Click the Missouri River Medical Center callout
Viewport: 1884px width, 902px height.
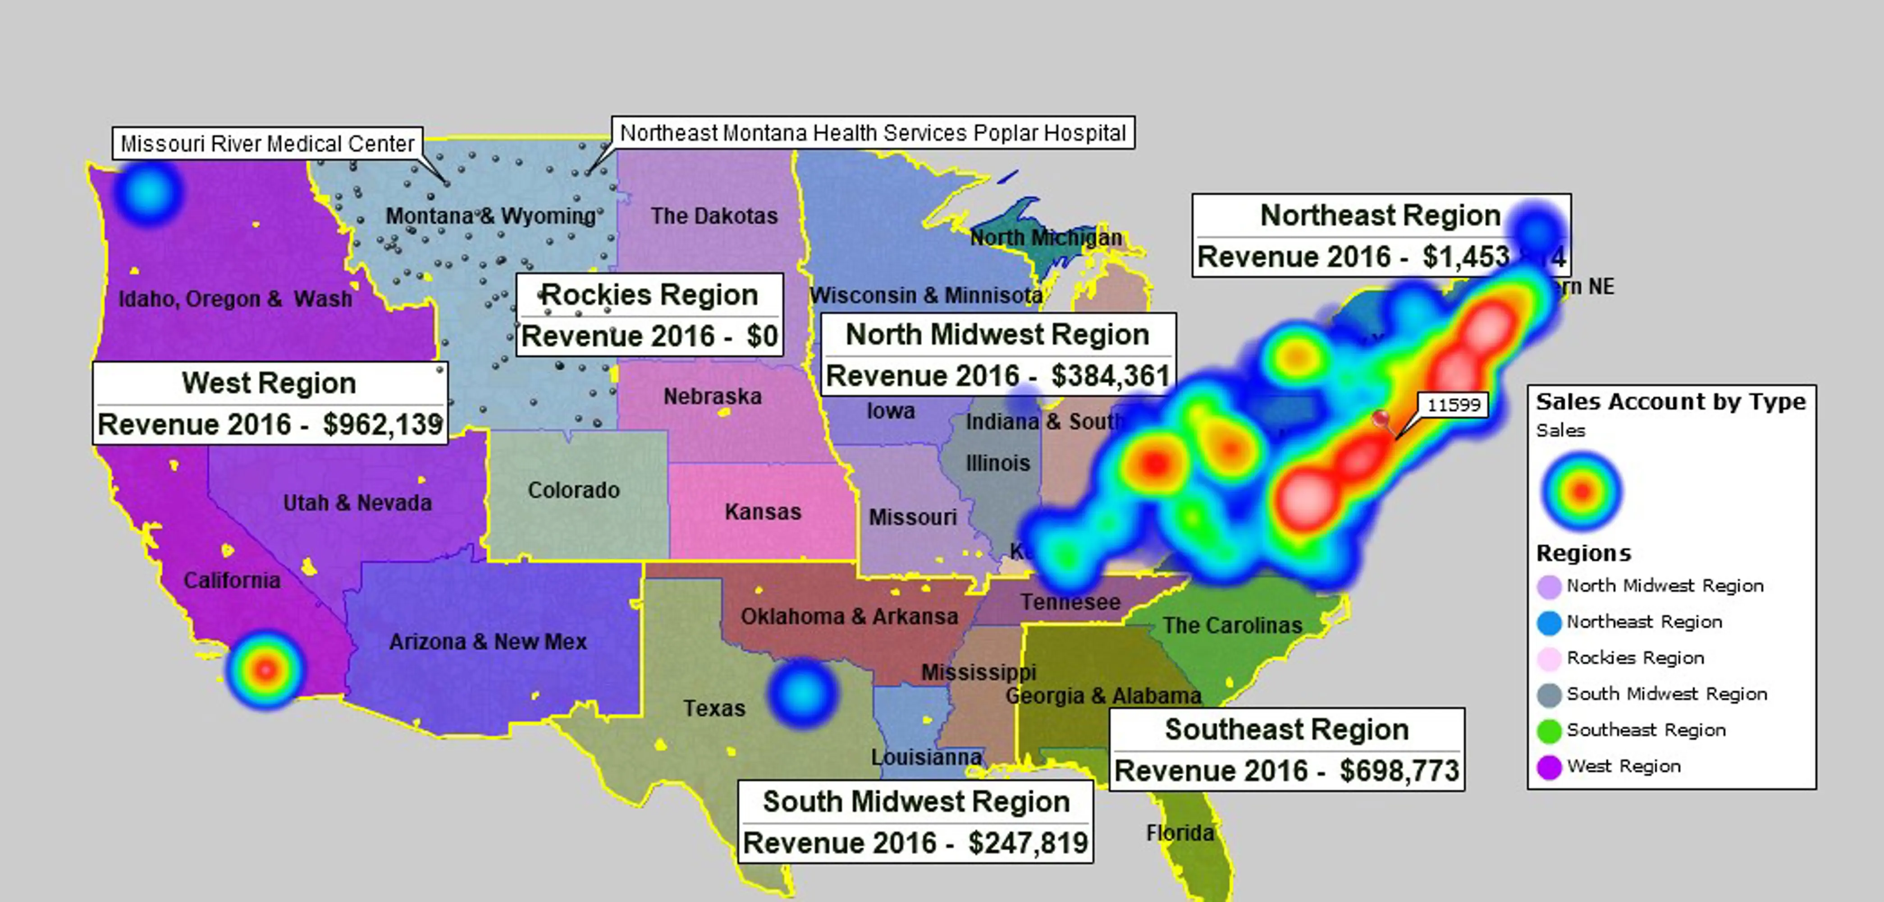[x=268, y=143]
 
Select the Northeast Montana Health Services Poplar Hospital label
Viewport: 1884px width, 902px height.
[x=873, y=133]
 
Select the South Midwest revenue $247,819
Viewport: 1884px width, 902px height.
[x=1028, y=843]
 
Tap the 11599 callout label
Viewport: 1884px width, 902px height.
[x=1453, y=405]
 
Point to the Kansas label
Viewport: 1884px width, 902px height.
[x=763, y=511]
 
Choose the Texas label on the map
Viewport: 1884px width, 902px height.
[x=714, y=708]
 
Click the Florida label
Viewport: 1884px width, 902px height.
[x=1180, y=833]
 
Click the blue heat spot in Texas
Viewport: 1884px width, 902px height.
[x=802, y=692]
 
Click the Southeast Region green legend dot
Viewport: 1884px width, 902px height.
[x=1549, y=731]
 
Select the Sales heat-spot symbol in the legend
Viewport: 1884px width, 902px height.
[x=1581, y=491]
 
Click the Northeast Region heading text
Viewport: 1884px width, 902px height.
[x=1380, y=215]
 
